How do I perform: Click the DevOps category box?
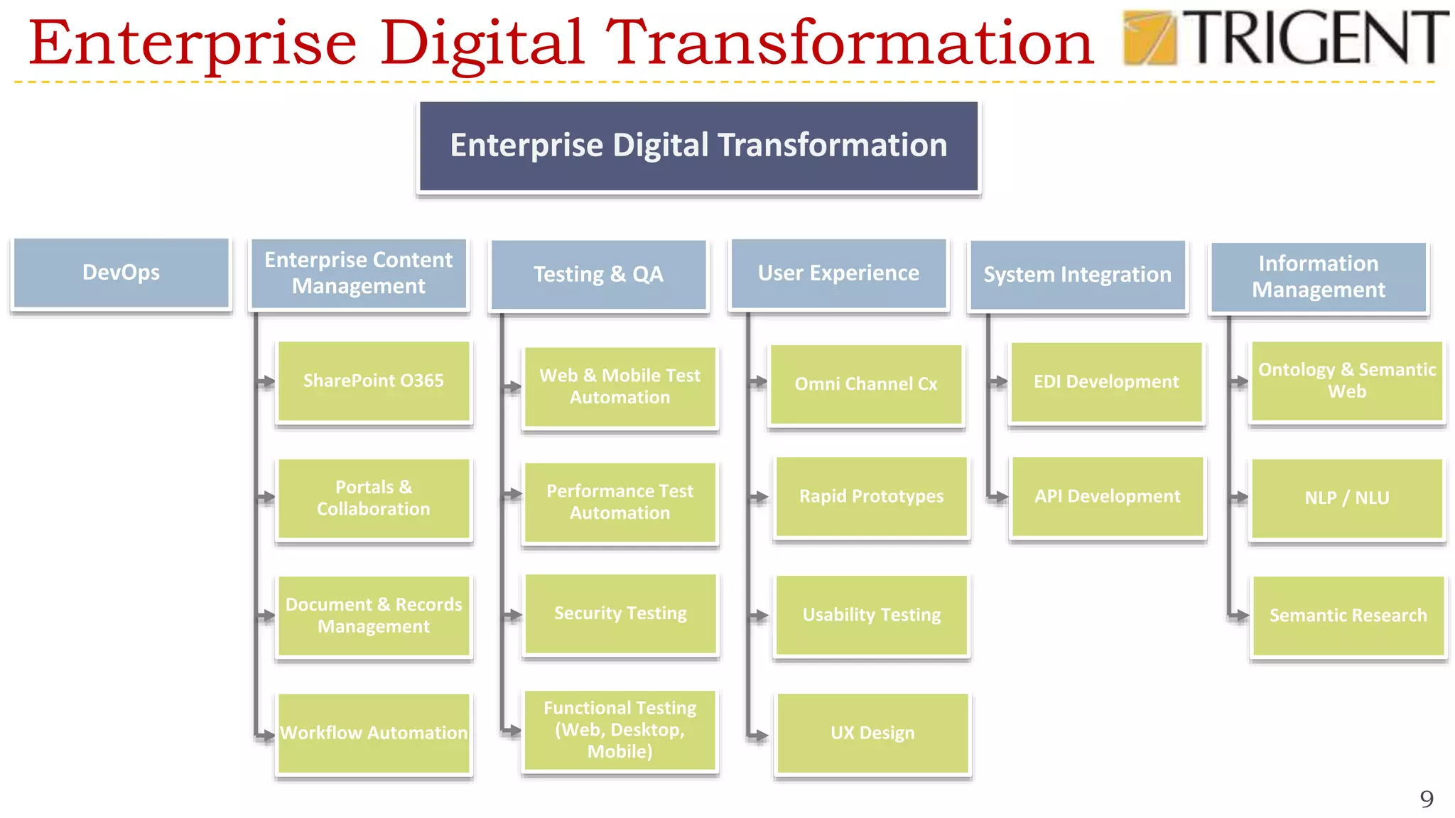[121, 273]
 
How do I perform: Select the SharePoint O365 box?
[374, 381]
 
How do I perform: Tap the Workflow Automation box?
[374, 733]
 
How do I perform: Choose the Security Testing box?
[620, 613]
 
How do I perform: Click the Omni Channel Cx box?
[866, 384]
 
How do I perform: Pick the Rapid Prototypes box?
[872, 496]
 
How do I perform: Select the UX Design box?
[872, 733]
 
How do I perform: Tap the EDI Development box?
[1106, 382]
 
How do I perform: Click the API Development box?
[1108, 496]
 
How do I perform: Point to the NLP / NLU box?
[1347, 498]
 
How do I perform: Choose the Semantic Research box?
[1348, 616]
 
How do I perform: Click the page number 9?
[1427, 799]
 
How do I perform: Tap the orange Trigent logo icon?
[1149, 38]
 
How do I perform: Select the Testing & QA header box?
[599, 275]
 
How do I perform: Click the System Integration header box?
[1078, 275]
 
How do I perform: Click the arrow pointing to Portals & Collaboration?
[266, 497]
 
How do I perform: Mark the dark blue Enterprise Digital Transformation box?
[698, 146]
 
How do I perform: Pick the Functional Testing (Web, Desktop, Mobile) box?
[620, 730]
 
